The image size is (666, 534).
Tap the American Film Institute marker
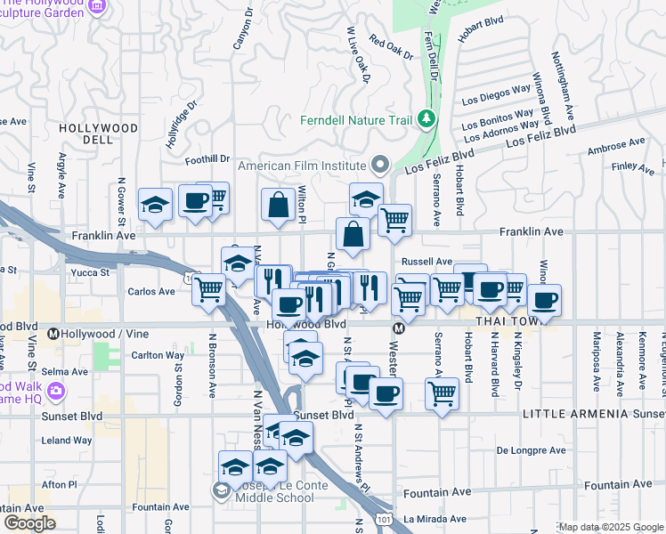tap(381, 165)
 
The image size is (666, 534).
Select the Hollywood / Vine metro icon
tap(53, 335)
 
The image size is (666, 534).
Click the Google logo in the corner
tap(29, 523)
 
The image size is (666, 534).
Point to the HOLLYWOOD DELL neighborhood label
tap(98, 133)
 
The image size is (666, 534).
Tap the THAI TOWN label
tap(503, 320)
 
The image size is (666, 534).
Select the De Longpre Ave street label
tap(532, 450)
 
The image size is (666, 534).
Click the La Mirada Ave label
tap(435, 518)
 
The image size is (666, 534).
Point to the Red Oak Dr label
tap(392, 48)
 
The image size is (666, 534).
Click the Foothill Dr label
tap(207, 160)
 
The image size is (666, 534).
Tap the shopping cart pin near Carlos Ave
tap(209, 289)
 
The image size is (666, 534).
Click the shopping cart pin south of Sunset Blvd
tap(442, 392)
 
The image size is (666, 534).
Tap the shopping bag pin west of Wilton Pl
tap(279, 204)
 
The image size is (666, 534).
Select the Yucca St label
tap(91, 272)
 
